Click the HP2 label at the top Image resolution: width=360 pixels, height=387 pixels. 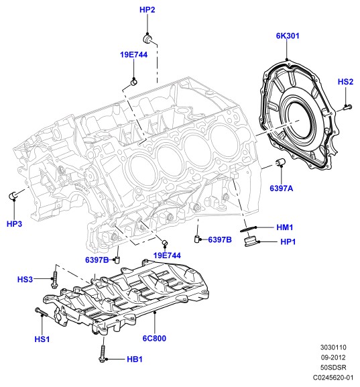(x=147, y=9)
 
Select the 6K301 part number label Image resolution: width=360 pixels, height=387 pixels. (x=288, y=36)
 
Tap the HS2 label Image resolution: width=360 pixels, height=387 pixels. (x=345, y=82)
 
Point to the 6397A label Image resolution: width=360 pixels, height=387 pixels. (x=282, y=188)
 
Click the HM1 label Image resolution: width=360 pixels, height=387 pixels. (x=285, y=227)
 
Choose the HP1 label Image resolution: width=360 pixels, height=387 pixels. (x=288, y=241)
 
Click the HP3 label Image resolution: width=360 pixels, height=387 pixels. (x=14, y=224)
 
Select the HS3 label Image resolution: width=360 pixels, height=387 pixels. (x=25, y=280)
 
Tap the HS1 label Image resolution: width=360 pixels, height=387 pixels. (x=42, y=339)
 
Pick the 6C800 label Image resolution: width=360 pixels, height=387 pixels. (x=154, y=338)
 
